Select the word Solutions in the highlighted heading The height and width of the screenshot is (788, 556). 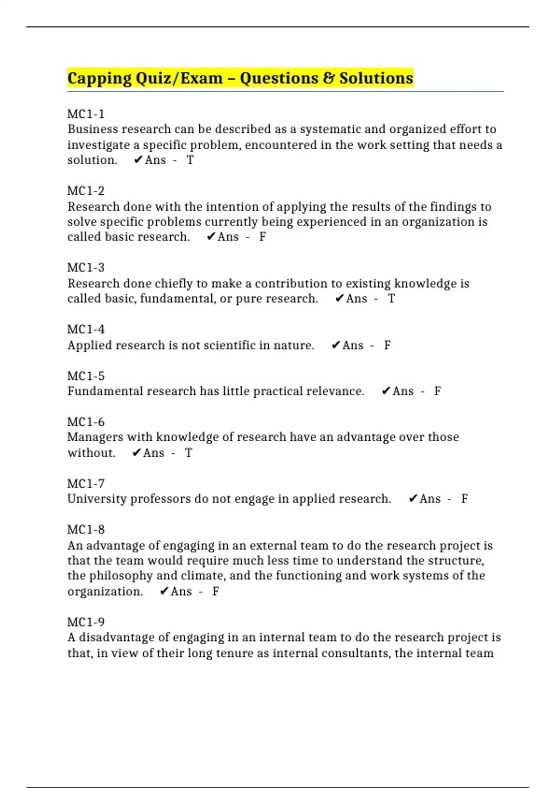(x=376, y=78)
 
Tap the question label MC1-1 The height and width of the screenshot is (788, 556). (x=86, y=114)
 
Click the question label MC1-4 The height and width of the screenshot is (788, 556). (x=86, y=330)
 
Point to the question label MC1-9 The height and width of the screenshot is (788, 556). (x=86, y=622)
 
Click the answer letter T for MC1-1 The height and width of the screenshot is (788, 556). (x=190, y=160)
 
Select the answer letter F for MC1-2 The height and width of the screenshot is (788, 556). (x=262, y=237)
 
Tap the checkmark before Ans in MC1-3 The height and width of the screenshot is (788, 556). (x=339, y=299)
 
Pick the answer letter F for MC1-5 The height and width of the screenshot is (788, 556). (x=437, y=391)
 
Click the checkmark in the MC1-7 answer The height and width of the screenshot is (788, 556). (x=413, y=499)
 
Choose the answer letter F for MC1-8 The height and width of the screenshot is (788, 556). (x=215, y=591)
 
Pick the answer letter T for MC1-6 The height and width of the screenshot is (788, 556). (x=188, y=453)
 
